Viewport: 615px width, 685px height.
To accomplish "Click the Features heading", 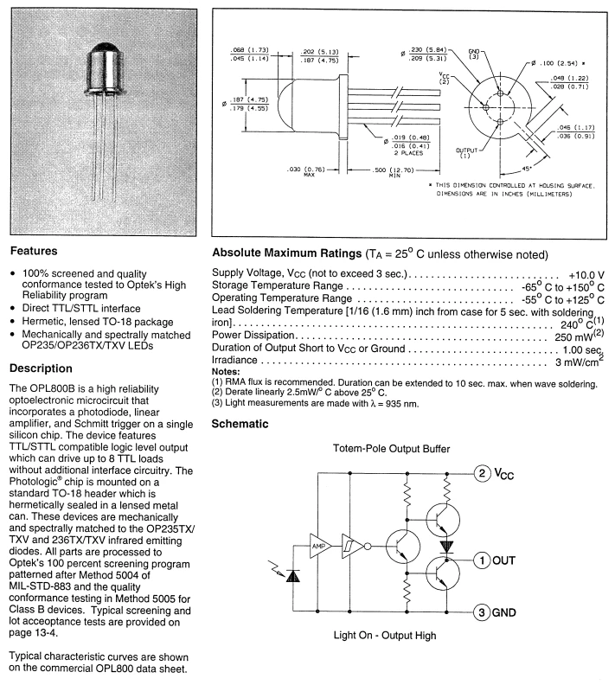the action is (x=34, y=251).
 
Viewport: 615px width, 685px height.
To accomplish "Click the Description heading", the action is (x=41, y=368).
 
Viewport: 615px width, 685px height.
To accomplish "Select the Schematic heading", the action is (x=240, y=424).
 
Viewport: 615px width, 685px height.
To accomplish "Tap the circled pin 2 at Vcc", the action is (x=482, y=473).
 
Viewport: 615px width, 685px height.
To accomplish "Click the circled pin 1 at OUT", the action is (x=482, y=560).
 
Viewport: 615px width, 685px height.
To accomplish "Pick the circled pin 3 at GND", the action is (x=482, y=612).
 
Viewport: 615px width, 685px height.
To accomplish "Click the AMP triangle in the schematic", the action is (x=319, y=546).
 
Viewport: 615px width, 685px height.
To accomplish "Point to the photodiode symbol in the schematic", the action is (x=292, y=577).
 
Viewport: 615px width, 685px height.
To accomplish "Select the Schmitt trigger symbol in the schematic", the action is (x=352, y=546).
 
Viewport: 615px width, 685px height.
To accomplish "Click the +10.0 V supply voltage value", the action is (x=586, y=275).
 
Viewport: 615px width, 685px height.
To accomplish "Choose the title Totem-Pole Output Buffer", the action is (x=391, y=449).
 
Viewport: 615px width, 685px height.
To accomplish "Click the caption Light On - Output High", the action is (x=385, y=635).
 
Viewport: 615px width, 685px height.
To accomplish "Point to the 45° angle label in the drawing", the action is (x=527, y=169).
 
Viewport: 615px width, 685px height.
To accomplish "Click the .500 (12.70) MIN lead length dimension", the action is (x=393, y=172).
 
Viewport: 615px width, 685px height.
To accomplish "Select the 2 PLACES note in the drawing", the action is (x=408, y=153).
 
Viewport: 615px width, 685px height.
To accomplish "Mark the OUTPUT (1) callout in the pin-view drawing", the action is (x=466, y=153).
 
